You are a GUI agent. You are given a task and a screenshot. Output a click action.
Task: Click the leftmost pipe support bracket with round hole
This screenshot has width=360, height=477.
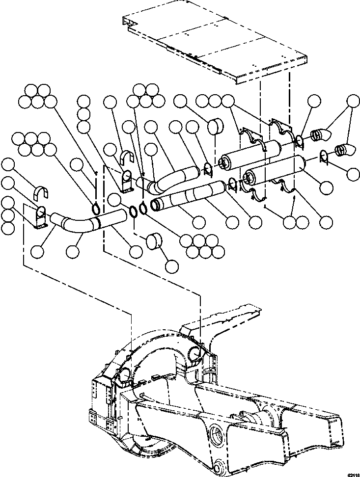[41, 216]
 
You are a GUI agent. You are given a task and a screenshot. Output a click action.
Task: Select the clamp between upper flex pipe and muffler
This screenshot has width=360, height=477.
[207, 170]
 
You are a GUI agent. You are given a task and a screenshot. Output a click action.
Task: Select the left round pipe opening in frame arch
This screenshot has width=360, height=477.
[125, 375]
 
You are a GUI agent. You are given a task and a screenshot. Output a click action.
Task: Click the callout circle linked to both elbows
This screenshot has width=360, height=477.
[352, 101]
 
